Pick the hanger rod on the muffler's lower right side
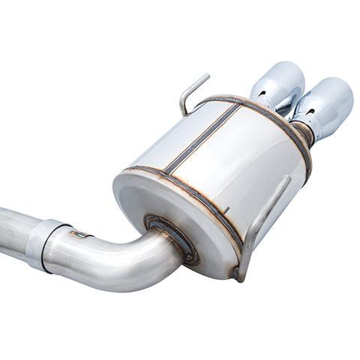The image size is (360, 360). coord(262,217)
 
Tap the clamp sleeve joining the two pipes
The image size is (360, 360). coord(47,243)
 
